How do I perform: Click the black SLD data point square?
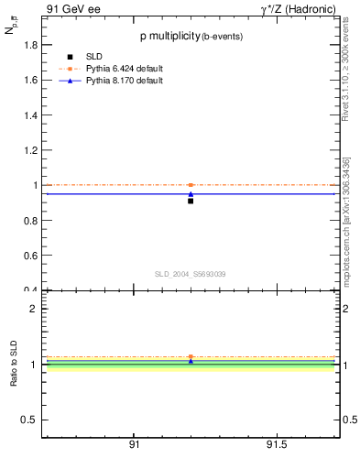point(191,201)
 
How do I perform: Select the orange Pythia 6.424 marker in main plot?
point(191,185)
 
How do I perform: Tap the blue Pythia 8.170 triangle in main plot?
point(191,194)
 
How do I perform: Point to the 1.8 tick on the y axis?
point(31,45)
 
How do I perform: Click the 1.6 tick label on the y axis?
point(31,80)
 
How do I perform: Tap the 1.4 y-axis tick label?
point(31,115)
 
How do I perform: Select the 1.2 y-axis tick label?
point(31,150)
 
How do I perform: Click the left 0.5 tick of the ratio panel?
point(31,420)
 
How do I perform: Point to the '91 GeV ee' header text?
point(72,9)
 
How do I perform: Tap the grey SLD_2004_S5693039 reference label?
point(190,274)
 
